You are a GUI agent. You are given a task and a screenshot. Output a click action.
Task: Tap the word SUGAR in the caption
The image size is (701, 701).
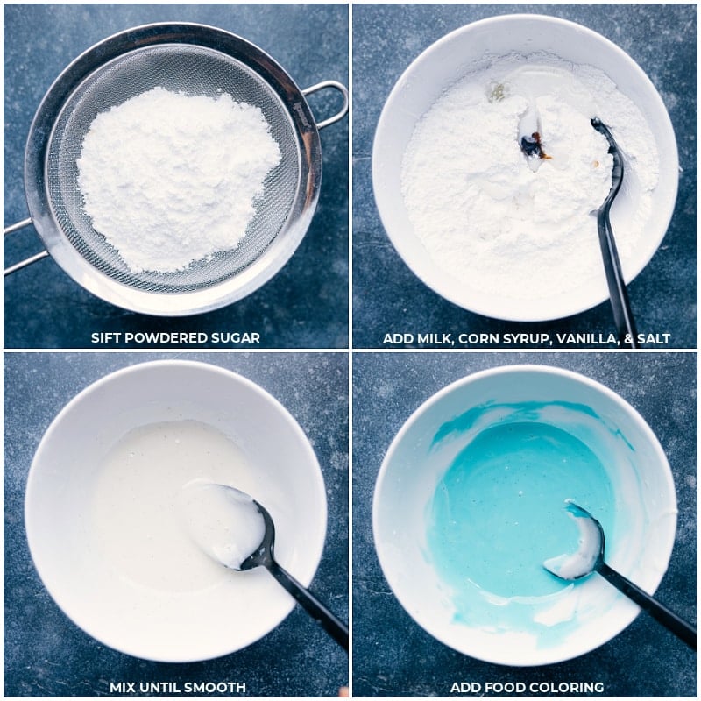coord(237,338)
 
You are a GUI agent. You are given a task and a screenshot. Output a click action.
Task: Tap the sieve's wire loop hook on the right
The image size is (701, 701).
coord(329,102)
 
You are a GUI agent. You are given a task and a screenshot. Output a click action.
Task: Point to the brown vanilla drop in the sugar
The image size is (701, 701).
coord(534,148)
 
